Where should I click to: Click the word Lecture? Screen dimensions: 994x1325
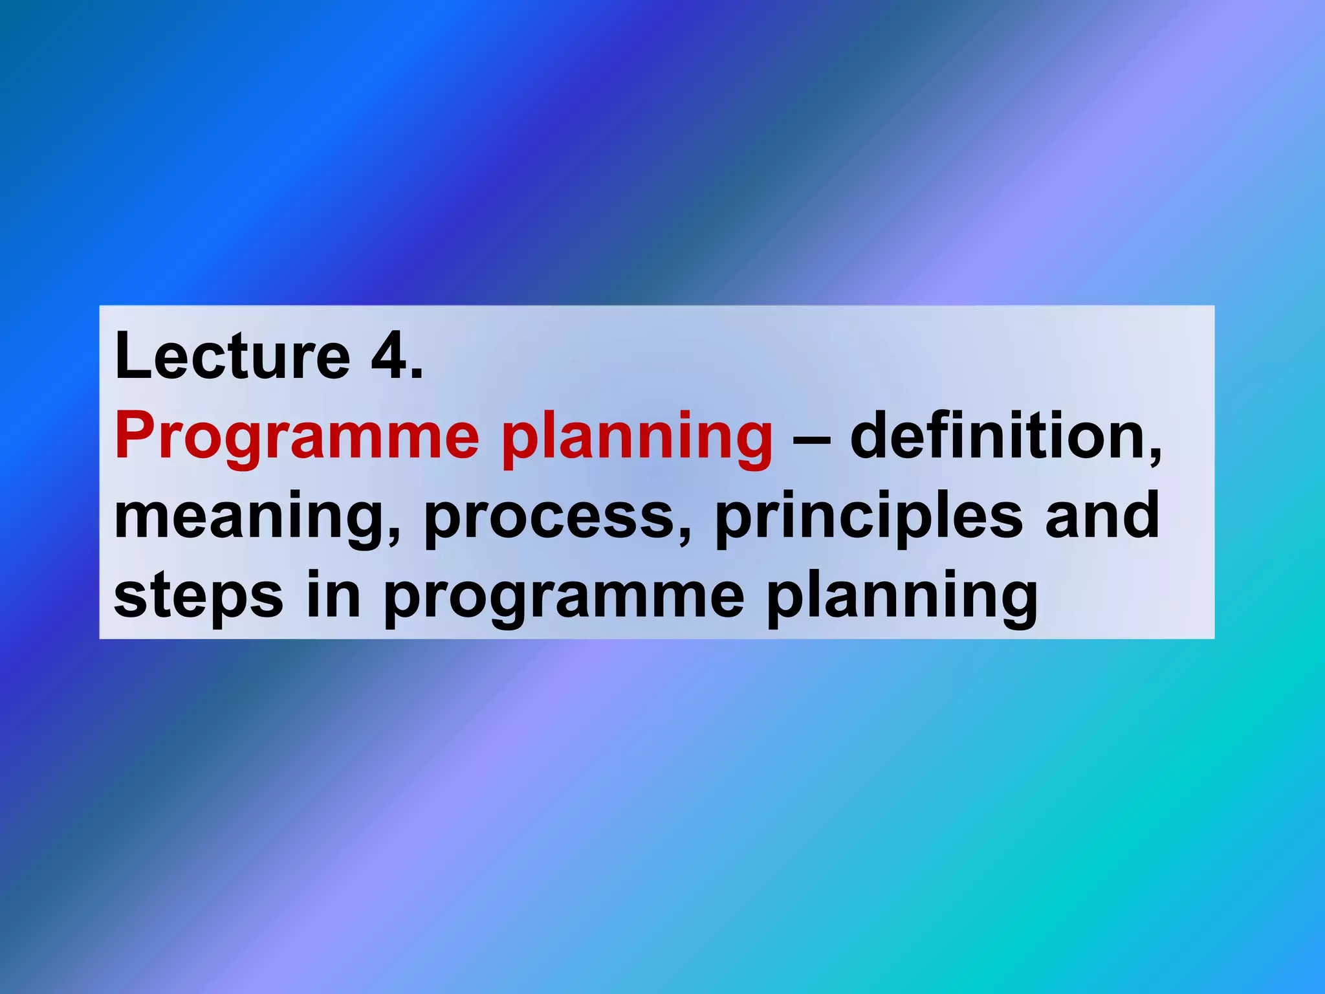232,357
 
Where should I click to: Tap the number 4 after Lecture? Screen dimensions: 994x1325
389,357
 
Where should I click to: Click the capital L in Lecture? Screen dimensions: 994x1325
133,357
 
